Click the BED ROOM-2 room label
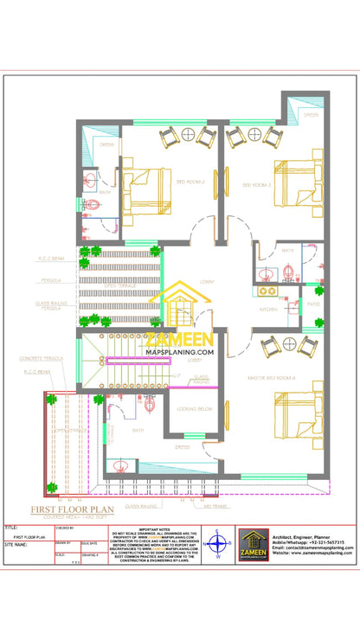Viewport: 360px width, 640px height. tap(190, 182)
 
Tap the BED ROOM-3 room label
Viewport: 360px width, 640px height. tap(257, 184)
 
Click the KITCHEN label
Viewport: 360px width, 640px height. tap(268, 309)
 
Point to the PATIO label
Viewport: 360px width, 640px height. tap(312, 303)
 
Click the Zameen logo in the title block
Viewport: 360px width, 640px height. tap(256, 546)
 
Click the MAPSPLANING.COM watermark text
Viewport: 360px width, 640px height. tap(180, 352)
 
